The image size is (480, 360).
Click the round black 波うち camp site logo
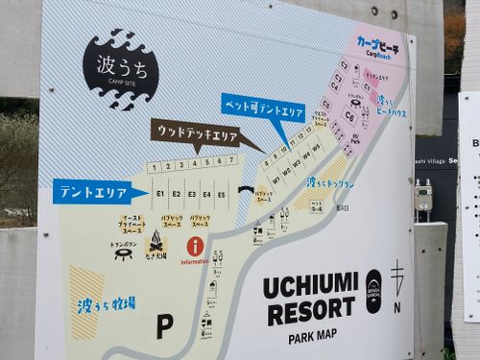[120, 68]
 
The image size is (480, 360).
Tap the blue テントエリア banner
[93, 193]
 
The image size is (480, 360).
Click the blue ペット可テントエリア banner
[263, 107]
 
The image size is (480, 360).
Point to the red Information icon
[195, 246]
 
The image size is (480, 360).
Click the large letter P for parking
[164, 325]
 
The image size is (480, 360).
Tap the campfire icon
[156, 246]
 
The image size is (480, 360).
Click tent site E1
[160, 194]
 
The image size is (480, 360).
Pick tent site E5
[222, 194]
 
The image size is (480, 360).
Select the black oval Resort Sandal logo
[373, 290]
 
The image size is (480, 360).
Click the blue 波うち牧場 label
[106, 304]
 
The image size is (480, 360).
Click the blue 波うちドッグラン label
[330, 182]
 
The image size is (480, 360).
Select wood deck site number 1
[153, 167]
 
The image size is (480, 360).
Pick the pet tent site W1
[276, 179]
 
